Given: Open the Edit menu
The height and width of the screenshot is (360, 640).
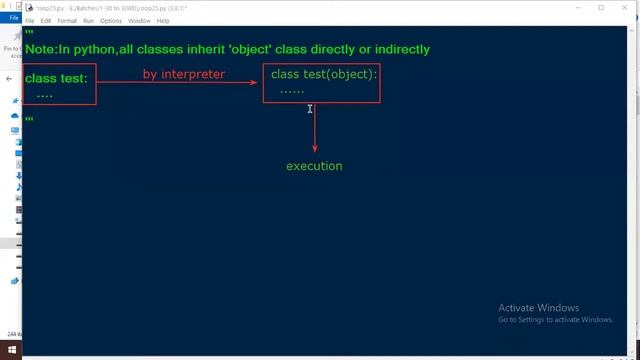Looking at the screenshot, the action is point(46,20).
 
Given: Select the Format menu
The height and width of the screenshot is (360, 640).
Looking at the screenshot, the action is point(67,20).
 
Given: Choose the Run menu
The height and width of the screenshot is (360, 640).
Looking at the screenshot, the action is point(89,20).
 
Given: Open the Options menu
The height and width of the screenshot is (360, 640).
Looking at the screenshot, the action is point(111,20).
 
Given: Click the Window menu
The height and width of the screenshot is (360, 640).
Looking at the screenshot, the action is point(140,20).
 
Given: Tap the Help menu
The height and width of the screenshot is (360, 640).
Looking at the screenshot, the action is point(163,20).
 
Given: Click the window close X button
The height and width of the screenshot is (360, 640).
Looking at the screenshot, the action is point(626,8).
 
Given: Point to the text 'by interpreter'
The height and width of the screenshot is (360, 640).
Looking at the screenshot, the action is point(184,74).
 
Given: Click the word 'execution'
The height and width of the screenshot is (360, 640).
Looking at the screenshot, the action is point(314,166).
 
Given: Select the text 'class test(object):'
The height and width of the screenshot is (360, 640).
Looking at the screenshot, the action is point(324,74).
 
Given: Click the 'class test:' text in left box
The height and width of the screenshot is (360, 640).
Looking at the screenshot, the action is point(56,78).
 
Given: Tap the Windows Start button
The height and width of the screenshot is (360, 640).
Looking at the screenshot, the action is point(10,351).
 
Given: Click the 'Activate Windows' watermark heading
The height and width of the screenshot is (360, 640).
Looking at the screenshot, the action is point(538,307).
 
